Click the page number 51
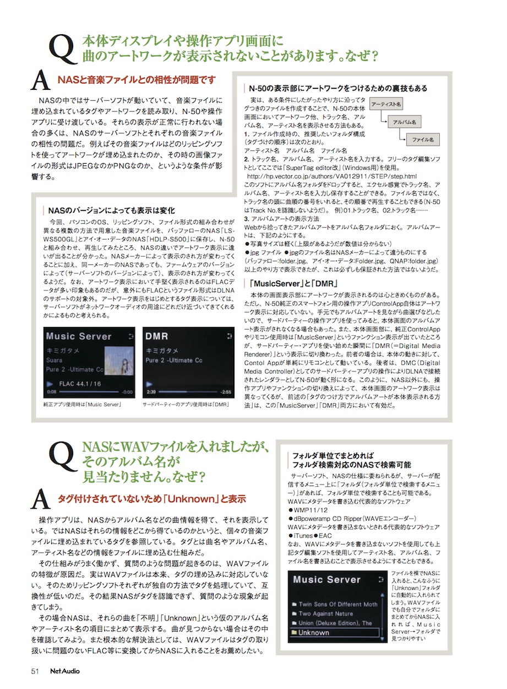click(34, 671)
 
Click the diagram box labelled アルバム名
click(405, 122)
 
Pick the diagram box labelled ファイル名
click(422, 140)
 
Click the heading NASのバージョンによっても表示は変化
click(112, 210)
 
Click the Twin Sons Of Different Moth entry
click(337, 604)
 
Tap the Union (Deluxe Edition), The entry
click(335, 623)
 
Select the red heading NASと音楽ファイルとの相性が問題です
click(137, 80)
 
